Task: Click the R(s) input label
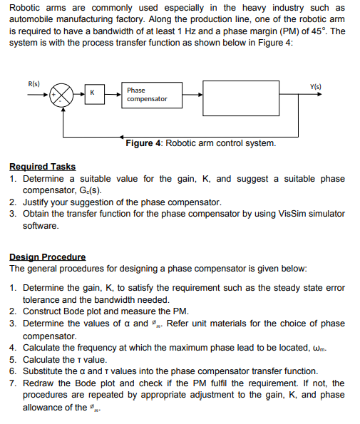click(x=34, y=83)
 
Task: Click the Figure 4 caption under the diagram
click(x=200, y=143)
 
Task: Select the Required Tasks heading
click(x=42, y=166)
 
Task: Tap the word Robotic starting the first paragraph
click(x=26, y=8)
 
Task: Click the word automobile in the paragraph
click(x=32, y=19)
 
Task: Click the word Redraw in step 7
click(x=38, y=383)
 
